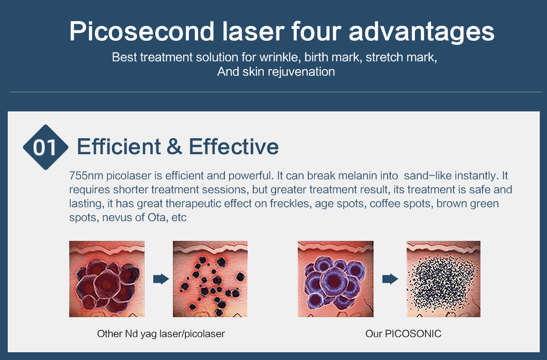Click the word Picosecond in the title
[x=141, y=31]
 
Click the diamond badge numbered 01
[x=45, y=147]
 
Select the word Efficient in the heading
[x=119, y=146]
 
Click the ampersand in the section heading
[x=174, y=146]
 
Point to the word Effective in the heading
[x=234, y=146]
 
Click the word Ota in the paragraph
[x=157, y=218]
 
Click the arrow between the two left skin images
[x=161, y=279]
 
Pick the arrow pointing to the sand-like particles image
[x=390, y=279]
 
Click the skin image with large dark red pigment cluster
[x=107, y=279]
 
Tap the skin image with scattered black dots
[x=210, y=279]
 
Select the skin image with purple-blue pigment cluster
[x=335, y=279]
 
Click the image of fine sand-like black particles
[x=443, y=279]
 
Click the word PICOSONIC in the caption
[x=413, y=334]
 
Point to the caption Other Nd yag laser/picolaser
[x=161, y=334]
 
